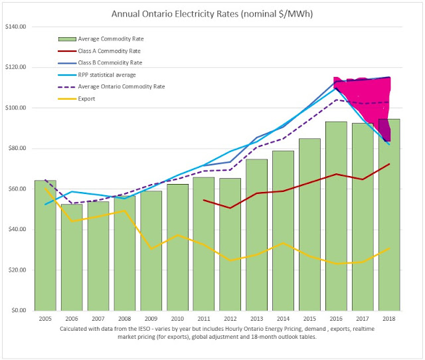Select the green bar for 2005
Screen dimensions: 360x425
(45, 245)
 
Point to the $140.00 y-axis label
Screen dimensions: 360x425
(15, 27)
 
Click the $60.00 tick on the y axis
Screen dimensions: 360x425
(16, 189)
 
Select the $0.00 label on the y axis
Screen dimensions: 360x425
(17, 311)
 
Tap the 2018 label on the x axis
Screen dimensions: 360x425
(388, 319)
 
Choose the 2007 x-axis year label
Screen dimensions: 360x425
(98, 319)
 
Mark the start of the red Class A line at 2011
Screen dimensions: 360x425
(204, 200)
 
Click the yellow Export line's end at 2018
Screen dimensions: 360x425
(388, 248)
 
